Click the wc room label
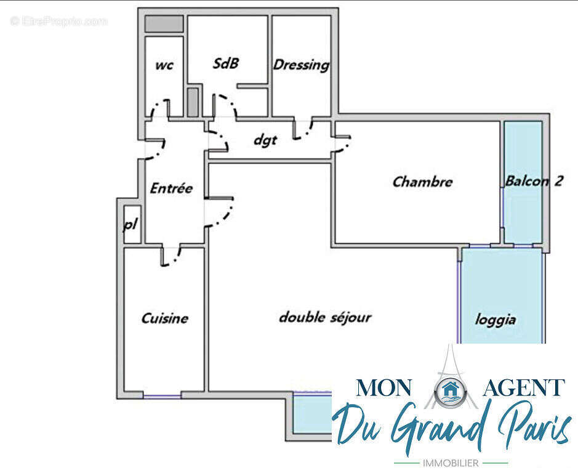(164, 65)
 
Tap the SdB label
(225, 63)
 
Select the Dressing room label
(301, 65)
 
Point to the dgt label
(265, 140)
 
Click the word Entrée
(171, 188)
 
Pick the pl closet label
(130, 224)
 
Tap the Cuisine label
(165, 318)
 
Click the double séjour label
(325, 318)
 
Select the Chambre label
(422, 182)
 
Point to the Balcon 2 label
(534, 181)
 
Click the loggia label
(495, 320)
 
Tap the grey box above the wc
(164, 23)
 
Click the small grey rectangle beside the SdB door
(193, 102)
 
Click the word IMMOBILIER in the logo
(451, 463)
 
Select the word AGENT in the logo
(524, 387)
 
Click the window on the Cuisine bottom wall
(162, 397)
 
